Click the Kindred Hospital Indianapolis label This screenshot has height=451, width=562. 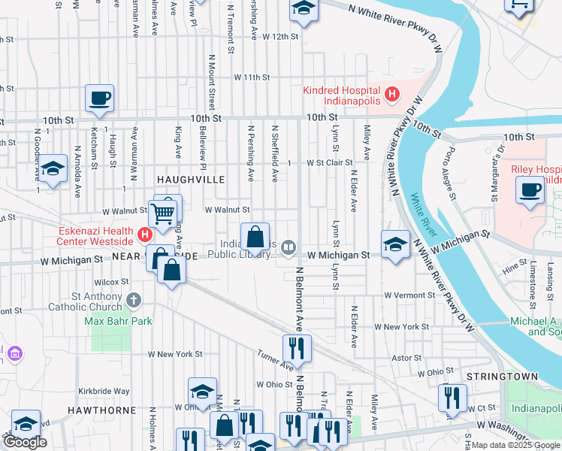343,95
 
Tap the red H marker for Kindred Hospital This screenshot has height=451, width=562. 391,95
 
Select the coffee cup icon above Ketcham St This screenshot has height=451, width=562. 99,98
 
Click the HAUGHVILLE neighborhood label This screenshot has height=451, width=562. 190,180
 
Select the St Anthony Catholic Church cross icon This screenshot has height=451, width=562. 134,301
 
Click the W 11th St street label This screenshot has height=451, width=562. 251,77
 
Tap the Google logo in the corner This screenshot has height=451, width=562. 25,442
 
